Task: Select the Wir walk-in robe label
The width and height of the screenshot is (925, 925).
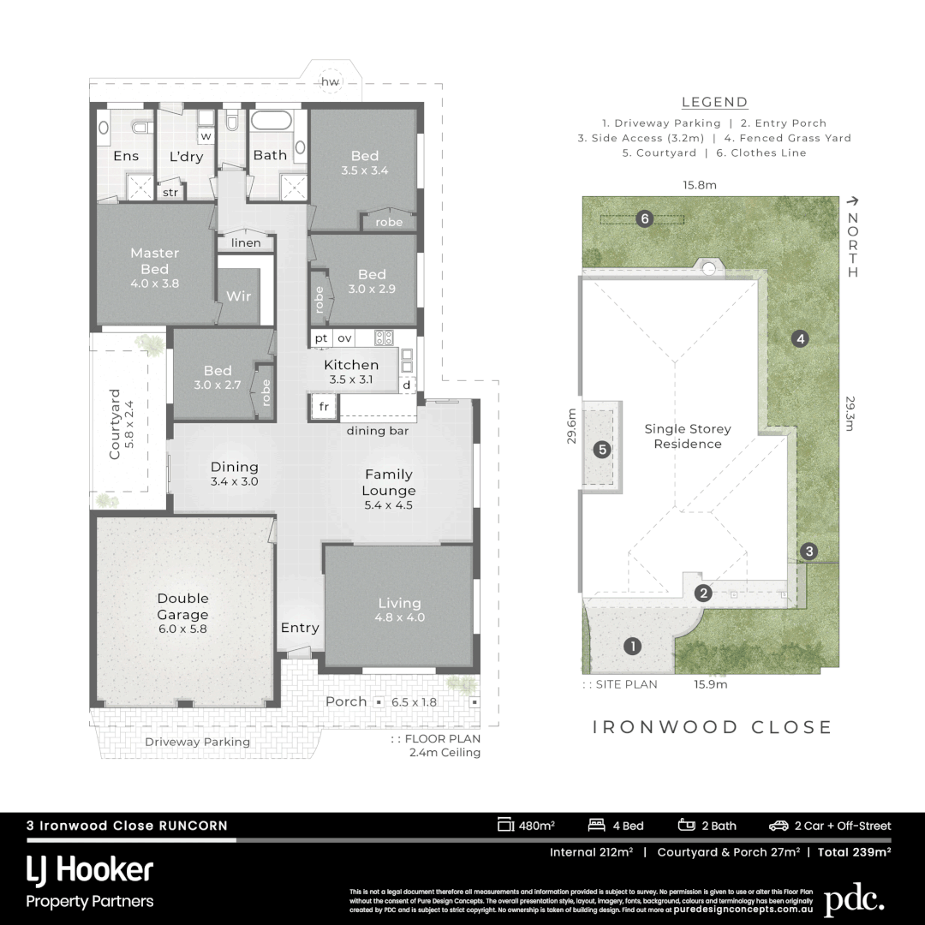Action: (238, 296)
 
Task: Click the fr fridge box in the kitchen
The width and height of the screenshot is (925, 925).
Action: (324, 407)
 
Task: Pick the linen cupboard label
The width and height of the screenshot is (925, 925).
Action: (246, 243)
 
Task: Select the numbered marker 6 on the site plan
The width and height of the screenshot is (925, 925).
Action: (646, 219)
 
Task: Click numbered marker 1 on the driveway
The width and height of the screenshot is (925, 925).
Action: (632, 646)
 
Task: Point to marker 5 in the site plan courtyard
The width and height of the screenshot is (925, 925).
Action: (602, 449)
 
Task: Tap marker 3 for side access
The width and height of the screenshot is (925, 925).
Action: (809, 551)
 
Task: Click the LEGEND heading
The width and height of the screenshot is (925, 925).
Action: (714, 102)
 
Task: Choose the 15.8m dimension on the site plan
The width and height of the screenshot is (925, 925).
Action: (700, 184)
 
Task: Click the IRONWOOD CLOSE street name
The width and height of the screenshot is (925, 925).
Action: (713, 727)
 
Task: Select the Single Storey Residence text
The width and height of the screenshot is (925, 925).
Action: (688, 436)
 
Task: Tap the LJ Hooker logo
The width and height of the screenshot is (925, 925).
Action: (90, 871)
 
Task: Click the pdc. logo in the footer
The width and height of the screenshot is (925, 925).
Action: (853, 900)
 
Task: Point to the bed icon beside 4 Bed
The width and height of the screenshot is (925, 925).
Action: (596, 826)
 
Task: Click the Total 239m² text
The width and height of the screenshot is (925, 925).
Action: (854, 852)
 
